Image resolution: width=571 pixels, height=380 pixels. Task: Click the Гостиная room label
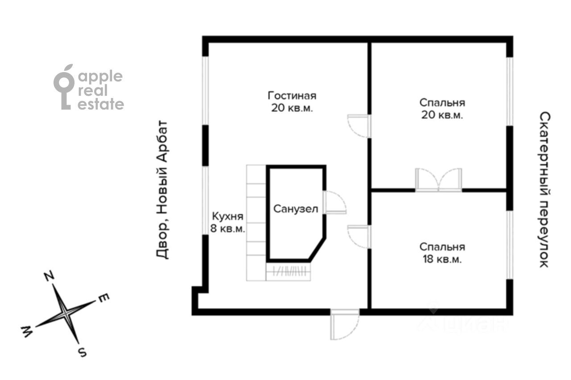coord(292,96)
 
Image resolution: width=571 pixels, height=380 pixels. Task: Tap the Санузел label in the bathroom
coord(296,209)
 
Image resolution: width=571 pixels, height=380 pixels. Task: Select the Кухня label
coord(228,217)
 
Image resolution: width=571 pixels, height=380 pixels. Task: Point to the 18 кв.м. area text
coord(442,259)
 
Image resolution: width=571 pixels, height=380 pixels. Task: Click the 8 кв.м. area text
coord(228,229)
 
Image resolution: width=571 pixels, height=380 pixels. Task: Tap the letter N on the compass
coord(49,276)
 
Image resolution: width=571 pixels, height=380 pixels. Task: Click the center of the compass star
coord(66,314)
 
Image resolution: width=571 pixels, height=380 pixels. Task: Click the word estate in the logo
coord(101,104)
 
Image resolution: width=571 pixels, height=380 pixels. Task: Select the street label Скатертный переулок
coord(545,190)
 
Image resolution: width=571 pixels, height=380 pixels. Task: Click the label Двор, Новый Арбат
coord(162,190)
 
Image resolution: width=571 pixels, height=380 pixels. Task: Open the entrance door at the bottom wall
coord(345,324)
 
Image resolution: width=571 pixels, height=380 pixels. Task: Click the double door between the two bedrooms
coord(439,180)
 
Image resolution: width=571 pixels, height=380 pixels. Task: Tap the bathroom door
coord(335,202)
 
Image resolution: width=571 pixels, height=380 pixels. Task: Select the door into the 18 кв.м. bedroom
coord(359,237)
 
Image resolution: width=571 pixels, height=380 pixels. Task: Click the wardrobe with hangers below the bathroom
coord(288,271)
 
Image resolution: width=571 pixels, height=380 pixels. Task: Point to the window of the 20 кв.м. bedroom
coord(509,92)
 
